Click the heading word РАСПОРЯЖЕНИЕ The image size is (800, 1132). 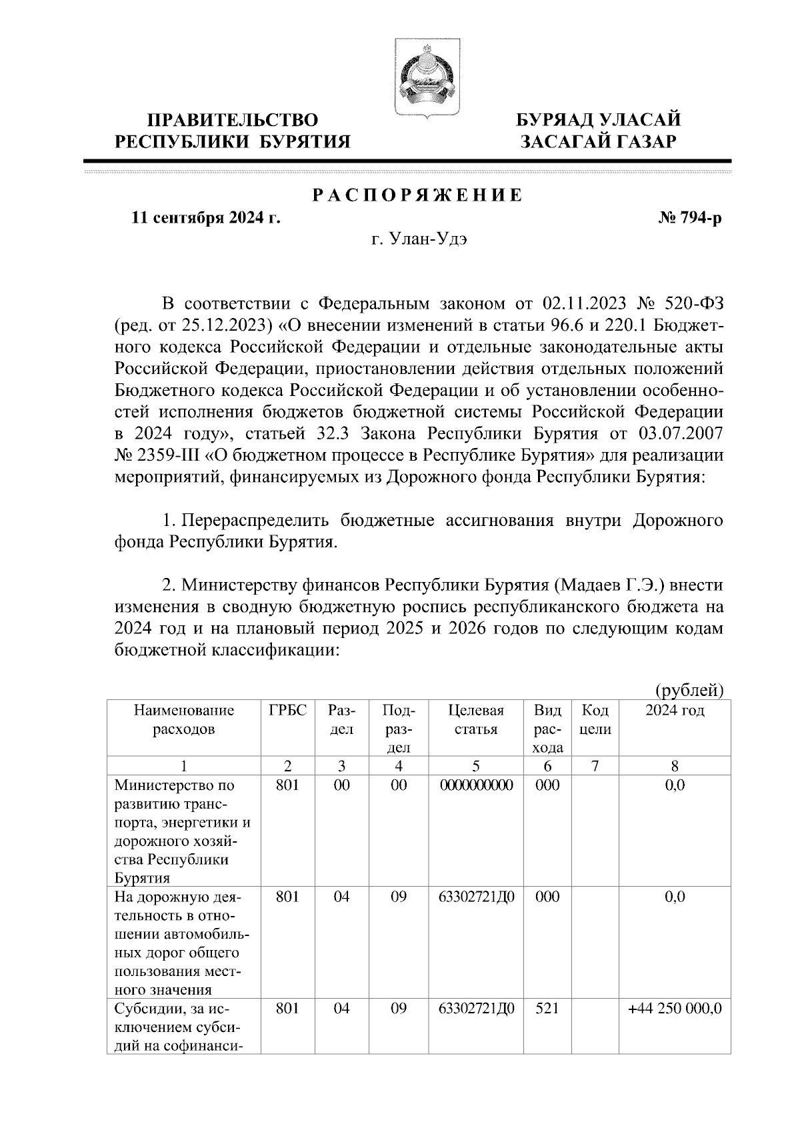(418, 196)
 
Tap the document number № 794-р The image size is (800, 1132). (690, 218)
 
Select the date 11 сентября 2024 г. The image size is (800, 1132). (206, 218)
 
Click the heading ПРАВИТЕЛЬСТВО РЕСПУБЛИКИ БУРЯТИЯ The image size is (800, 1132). (233, 131)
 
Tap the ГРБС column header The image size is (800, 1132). (287, 711)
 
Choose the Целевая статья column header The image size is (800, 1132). (475, 720)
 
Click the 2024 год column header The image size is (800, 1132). (675, 711)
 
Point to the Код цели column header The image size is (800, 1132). (595, 720)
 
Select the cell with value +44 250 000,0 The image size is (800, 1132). (675, 1009)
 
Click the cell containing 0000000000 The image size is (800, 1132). (476, 785)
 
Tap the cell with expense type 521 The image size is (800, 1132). (547, 1009)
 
